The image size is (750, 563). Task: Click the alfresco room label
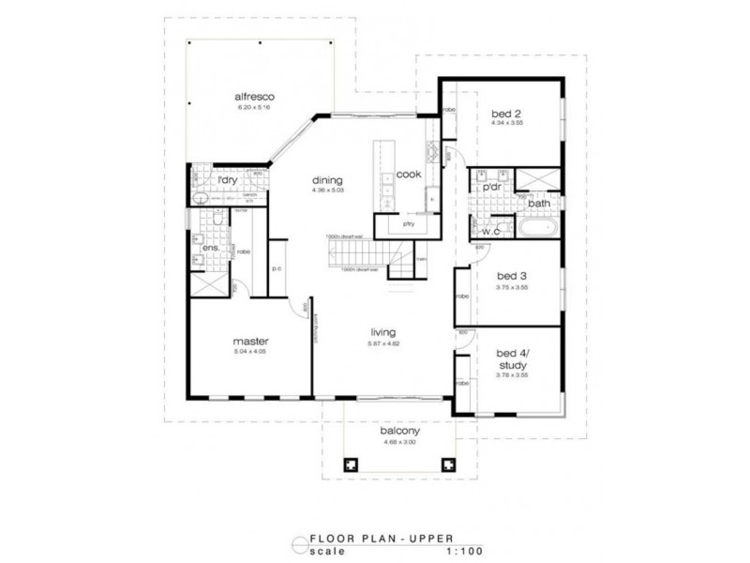(x=252, y=97)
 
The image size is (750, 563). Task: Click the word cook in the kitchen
(x=408, y=174)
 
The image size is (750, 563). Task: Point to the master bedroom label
(x=251, y=341)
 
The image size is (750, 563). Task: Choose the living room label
(x=382, y=332)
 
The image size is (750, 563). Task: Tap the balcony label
(x=399, y=432)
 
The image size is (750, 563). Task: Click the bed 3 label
(x=512, y=277)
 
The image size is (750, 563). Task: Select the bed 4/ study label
(x=512, y=359)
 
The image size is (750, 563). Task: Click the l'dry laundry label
(x=228, y=179)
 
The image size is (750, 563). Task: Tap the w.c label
(x=489, y=230)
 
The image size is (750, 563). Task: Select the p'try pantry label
(x=408, y=224)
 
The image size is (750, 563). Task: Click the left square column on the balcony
(x=352, y=464)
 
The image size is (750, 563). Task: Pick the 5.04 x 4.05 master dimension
(x=251, y=351)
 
